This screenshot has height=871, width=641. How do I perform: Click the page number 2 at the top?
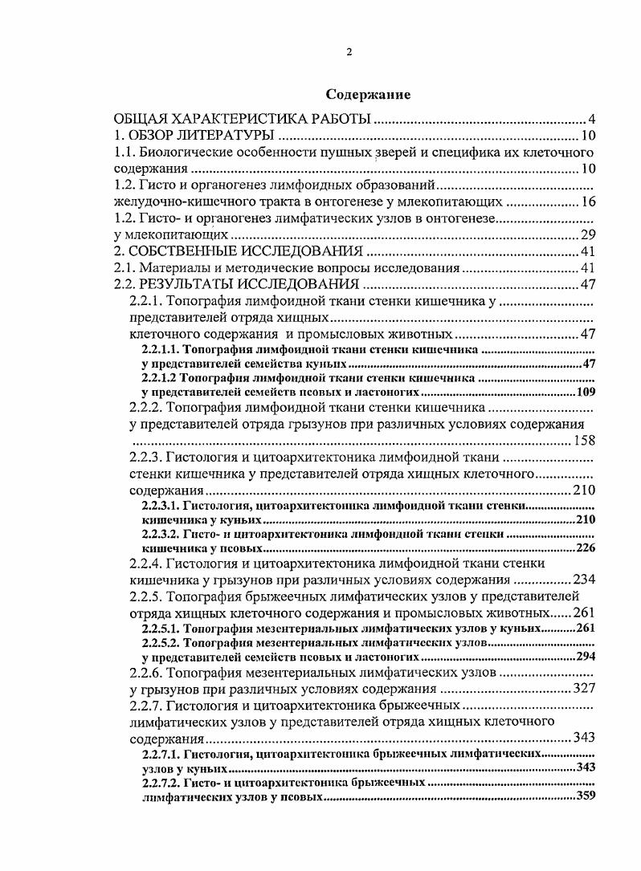pyautogui.click(x=349, y=52)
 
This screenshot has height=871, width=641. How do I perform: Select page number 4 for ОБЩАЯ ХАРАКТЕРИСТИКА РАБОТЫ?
pyautogui.click(x=590, y=120)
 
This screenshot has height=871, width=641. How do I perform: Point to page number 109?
pyautogui.click(x=585, y=393)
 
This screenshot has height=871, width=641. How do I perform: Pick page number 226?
pyautogui.click(x=585, y=548)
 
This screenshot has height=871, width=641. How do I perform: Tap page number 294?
pyautogui.click(x=585, y=656)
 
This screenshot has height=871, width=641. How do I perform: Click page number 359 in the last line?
pyautogui.click(x=585, y=796)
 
